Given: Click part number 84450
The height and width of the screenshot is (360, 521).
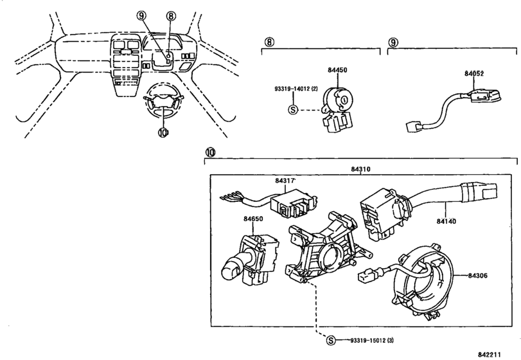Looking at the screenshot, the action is [x=337, y=70].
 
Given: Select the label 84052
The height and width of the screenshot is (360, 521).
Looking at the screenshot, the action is [x=474, y=73].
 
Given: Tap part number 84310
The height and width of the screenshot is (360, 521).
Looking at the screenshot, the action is [x=360, y=169].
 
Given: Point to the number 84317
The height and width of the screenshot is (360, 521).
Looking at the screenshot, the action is [x=285, y=181].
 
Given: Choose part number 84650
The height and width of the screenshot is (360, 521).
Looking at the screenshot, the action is [x=253, y=219].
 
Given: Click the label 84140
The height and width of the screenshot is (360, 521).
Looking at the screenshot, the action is [x=446, y=221].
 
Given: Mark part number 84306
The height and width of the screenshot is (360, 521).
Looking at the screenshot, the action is [x=478, y=276].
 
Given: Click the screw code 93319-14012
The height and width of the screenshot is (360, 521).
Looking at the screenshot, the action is [x=292, y=89].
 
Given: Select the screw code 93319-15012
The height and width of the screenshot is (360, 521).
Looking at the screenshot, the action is [x=368, y=340].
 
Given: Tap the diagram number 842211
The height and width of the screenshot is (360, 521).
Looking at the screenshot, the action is [x=490, y=355].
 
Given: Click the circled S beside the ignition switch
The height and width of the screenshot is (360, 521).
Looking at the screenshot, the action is [x=292, y=109].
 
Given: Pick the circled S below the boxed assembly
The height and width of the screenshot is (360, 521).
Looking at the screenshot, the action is [x=331, y=340].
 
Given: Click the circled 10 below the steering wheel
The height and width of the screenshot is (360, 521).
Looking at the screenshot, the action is [x=163, y=132].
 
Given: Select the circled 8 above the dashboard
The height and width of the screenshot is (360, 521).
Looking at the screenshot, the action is [x=170, y=15].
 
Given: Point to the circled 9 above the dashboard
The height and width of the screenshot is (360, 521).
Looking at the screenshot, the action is [x=141, y=15].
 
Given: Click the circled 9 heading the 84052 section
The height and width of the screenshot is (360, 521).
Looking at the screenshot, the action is [x=393, y=42].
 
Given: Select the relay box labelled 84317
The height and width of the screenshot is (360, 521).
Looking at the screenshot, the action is [x=292, y=204].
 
